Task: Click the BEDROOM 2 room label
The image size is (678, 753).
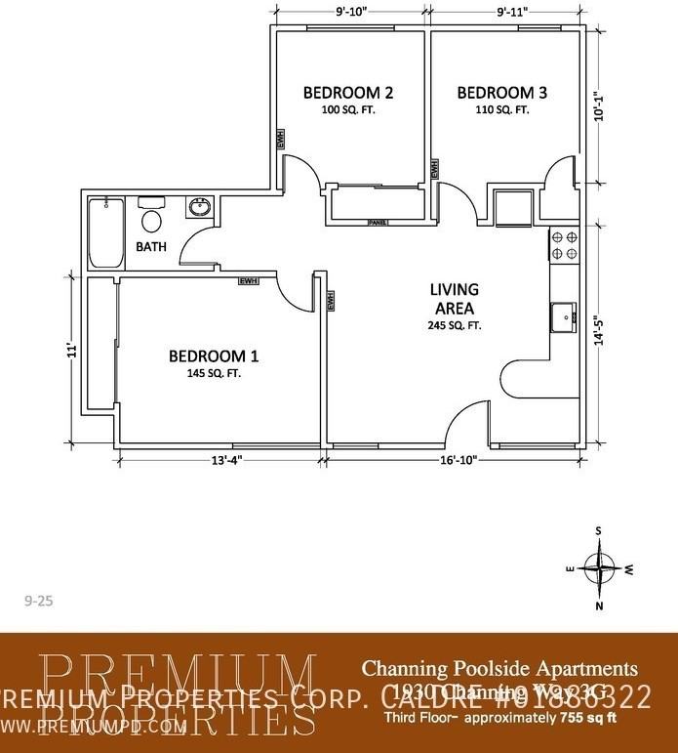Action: click(x=348, y=94)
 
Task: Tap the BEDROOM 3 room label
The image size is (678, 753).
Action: click(x=502, y=94)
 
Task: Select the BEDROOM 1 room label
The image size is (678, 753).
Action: click(x=214, y=356)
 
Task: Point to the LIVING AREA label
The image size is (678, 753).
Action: click(x=455, y=299)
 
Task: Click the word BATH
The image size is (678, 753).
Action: click(x=151, y=247)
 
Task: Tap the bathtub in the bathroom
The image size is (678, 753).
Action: click(x=105, y=232)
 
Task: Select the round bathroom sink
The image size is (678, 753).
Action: click(x=200, y=208)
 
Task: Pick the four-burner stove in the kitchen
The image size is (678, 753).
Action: click(x=564, y=245)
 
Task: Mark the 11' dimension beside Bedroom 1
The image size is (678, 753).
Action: click(x=70, y=350)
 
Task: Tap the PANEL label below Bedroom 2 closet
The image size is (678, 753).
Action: click(x=379, y=223)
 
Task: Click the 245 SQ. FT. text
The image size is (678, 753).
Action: click(x=455, y=326)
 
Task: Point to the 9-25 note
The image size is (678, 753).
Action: click(x=37, y=602)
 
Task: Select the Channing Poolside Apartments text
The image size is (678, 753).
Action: click(x=500, y=670)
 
